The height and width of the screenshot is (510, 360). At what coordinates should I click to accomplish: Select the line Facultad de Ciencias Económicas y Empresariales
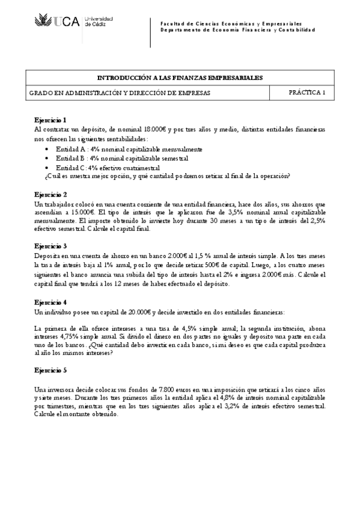pyautogui.click(x=231, y=23)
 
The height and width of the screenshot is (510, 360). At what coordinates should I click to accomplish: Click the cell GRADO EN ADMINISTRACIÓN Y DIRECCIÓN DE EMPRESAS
pyautogui.click(x=120, y=93)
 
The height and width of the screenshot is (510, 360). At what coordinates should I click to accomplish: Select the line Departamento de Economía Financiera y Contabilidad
pyautogui.click(x=237, y=29)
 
